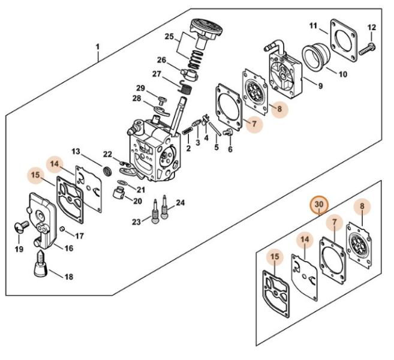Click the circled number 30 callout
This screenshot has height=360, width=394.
pyautogui.click(x=319, y=205)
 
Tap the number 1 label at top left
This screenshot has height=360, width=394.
pyautogui.click(x=98, y=47)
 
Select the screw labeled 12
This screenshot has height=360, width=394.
pyautogui.click(x=367, y=49)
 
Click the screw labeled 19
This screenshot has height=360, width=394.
pyautogui.click(x=21, y=226)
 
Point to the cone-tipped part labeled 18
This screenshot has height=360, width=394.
pyautogui.click(x=40, y=263)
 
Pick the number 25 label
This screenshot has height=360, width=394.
pyautogui.click(x=169, y=37)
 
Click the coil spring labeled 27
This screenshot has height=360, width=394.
pyautogui.click(x=186, y=88)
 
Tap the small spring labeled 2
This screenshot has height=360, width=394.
pyautogui.click(x=187, y=131)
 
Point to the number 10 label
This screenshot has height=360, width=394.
pyautogui.click(x=343, y=74)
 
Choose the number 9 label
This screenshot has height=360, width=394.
pyautogui.click(x=320, y=86)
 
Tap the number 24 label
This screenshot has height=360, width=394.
pyautogui.click(x=180, y=202)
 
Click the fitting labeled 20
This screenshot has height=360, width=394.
pyautogui.click(x=119, y=194)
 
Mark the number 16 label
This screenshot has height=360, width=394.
pyautogui.click(x=68, y=248)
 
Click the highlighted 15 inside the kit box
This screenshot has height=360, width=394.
pyautogui.click(x=275, y=256)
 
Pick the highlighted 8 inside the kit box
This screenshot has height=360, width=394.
pyautogui.click(x=362, y=206)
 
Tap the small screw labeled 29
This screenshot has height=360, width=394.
pyautogui.click(x=162, y=100)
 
